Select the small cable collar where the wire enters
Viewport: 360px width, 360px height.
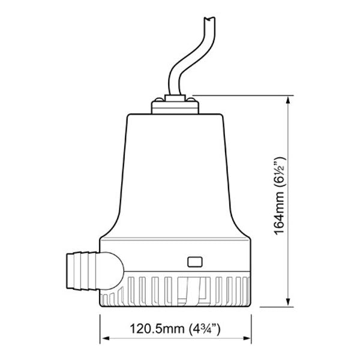tap(173, 97)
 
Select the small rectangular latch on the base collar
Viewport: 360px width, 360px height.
tap(196, 262)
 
